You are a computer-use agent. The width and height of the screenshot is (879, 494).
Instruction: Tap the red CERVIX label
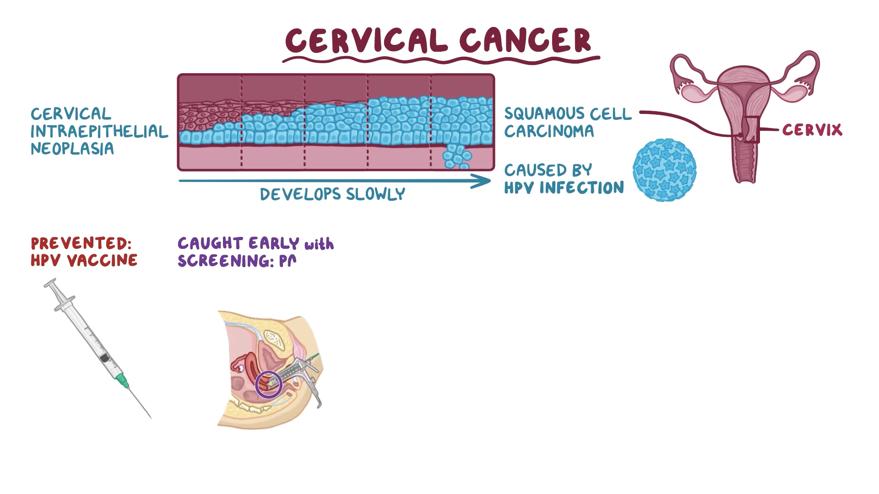[x=812, y=130]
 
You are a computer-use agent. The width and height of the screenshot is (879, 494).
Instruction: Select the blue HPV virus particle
[x=664, y=170]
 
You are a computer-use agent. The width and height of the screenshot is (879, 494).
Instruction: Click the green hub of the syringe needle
[x=122, y=379]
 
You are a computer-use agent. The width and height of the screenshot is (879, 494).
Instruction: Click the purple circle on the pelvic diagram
[x=268, y=384]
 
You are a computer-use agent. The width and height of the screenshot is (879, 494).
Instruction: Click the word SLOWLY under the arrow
[x=375, y=194]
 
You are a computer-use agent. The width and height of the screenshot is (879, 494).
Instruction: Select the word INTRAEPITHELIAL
[x=99, y=132]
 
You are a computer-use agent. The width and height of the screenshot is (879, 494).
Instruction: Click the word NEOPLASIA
[x=72, y=149]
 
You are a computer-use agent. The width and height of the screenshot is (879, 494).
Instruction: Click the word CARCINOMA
[x=549, y=131]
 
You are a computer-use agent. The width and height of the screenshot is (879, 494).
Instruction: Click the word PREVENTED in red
[x=81, y=243]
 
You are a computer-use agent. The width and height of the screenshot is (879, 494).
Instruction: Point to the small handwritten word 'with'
[x=319, y=244]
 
